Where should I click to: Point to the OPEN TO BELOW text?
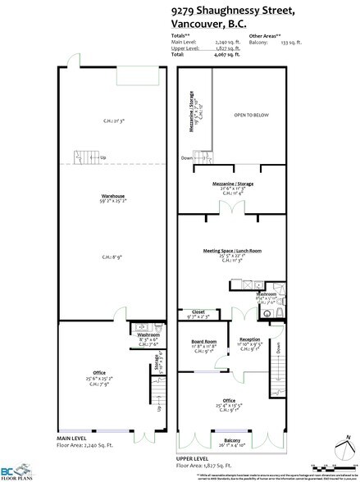point(250,116)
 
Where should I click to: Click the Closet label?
point(198,311)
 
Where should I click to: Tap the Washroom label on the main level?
point(148,334)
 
